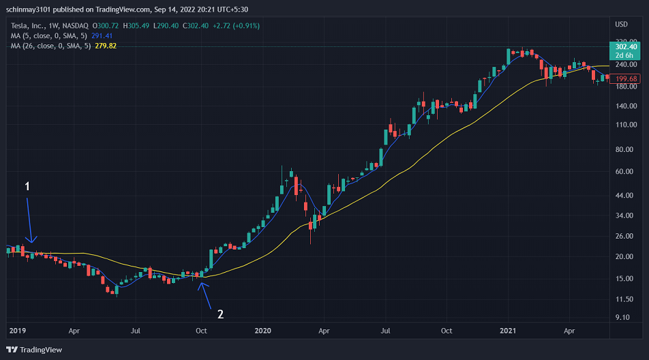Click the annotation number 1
pyautogui.click(x=27, y=186)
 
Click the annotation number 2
pyautogui.click(x=221, y=314)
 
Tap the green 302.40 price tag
pyautogui.click(x=625, y=51)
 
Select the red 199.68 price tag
pyautogui.click(x=625, y=78)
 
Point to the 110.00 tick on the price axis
pyautogui.click(x=626, y=125)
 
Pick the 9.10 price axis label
pyautogui.click(x=622, y=317)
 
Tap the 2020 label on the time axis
pyautogui.click(x=263, y=331)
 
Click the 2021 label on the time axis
pyautogui.click(x=508, y=331)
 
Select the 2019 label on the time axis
pyautogui.click(x=18, y=331)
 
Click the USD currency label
pyautogui.click(x=621, y=25)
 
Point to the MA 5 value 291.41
pyautogui.click(x=102, y=36)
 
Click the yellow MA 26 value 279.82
pyautogui.click(x=106, y=46)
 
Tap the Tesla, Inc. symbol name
pyautogui.click(x=27, y=26)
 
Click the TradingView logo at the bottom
pyautogui.click(x=34, y=350)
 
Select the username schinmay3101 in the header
pyautogui.click(x=28, y=10)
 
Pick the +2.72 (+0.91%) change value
pyautogui.click(x=237, y=26)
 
